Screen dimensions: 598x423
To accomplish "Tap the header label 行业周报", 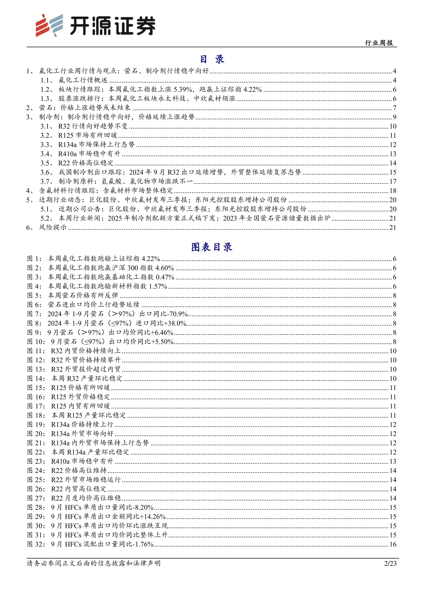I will tap(379, 43).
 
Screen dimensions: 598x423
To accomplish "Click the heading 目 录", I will tap(212, 59).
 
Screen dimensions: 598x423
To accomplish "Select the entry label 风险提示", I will tap(53, 227).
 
